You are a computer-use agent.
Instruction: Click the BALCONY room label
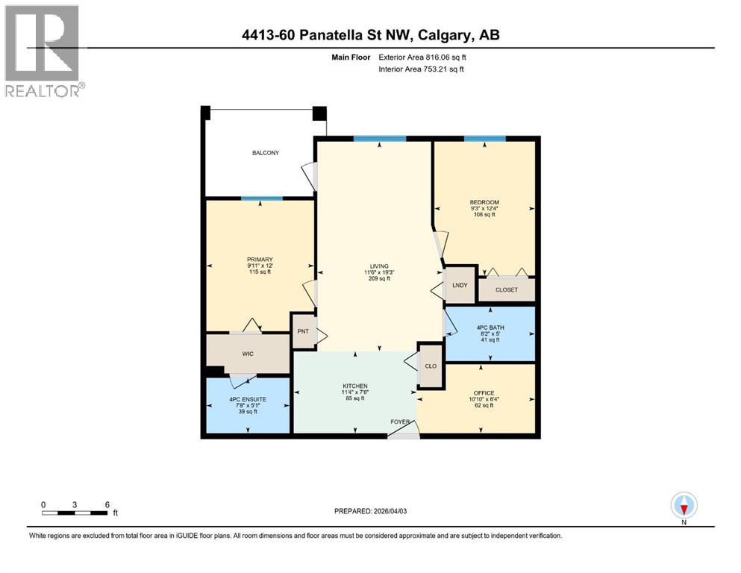pyautogui.click(x=265, y=153)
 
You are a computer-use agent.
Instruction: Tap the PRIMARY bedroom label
pyautogui.click(x=260, y=260)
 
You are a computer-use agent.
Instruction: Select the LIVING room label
pyautogui.click(x=379, y=266)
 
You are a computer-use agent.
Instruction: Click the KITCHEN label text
pyautogui.click(x=355, y=386)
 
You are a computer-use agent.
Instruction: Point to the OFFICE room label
pyautogui.click(x=484, y=393)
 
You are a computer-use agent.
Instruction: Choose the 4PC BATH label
pyautogui.click(x=490, y=326)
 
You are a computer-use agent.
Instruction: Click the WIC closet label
pyautogui.click(x=248, y=354)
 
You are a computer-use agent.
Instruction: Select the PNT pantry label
pyautogui.click(x=303, y=331)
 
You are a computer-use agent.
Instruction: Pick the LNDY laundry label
pyautogui.click(x=459, y=284)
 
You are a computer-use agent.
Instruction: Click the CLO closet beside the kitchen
pyautogui.click(x=430, y=366)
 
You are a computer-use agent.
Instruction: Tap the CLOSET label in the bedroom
pyautogui.click(x=507, y=290)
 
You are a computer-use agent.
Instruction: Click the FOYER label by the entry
pyautogui.click(x=401, y=422)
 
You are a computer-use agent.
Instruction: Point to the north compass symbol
pyautogui.click(x=684, y=506)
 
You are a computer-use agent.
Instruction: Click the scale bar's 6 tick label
pyautogui.click(x=107, y=504)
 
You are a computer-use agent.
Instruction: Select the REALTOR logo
pyautogui.click(x=43, y=51)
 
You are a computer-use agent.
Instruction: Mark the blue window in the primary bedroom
pyautogui.click(x=261, y=198)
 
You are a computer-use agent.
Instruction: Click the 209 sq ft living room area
pyautogui.click(x=379, y=278)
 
